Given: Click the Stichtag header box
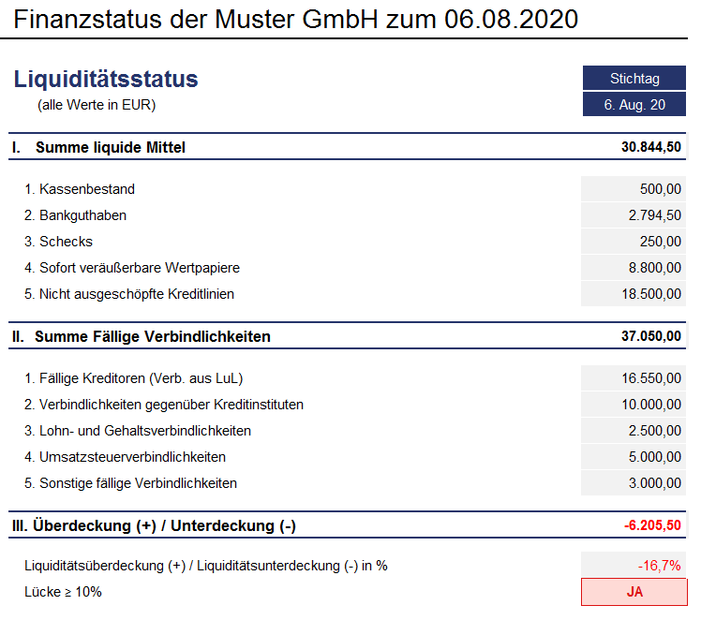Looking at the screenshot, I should (634, 79).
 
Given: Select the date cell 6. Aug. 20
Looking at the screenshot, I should (634, 105).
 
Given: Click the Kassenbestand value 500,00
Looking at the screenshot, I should (661, 189).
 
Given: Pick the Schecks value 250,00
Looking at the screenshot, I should (661, 242).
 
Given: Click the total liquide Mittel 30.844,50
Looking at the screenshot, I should (650, 147).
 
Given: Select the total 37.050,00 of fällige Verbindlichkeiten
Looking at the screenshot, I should (650, 336).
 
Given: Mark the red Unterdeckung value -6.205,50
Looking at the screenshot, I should (652, 525).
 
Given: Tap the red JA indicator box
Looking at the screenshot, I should (634, 592).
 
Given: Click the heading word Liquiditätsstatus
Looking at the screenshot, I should (107, 80).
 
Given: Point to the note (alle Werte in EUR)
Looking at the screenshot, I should (97, 105).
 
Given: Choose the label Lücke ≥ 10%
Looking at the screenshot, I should (64, 592).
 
